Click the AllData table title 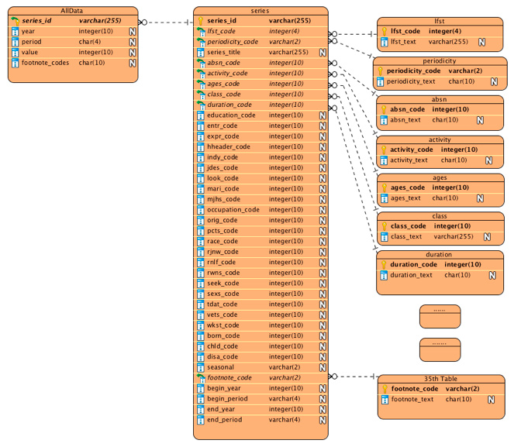tap(71, 10)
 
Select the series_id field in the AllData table tap(36, 21)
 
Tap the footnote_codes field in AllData tap(46, 63)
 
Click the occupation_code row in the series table tap(233, 209)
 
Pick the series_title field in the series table tap(223, 52)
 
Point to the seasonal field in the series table tap(220, 367)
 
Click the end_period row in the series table tap(224, 420)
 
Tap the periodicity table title tap(439, 60)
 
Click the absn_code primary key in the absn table tap(406, 109)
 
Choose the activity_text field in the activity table tap(409, 160)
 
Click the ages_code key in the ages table tap(407, 187)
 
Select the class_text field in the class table tap(406, 236)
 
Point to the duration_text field tap(411, 275)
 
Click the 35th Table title tap(439, 379)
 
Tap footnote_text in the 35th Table tap(412, 399)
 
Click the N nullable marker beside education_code tap(322, 115)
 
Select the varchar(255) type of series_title tap(288, 52)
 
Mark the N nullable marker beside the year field tap(132, 31)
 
